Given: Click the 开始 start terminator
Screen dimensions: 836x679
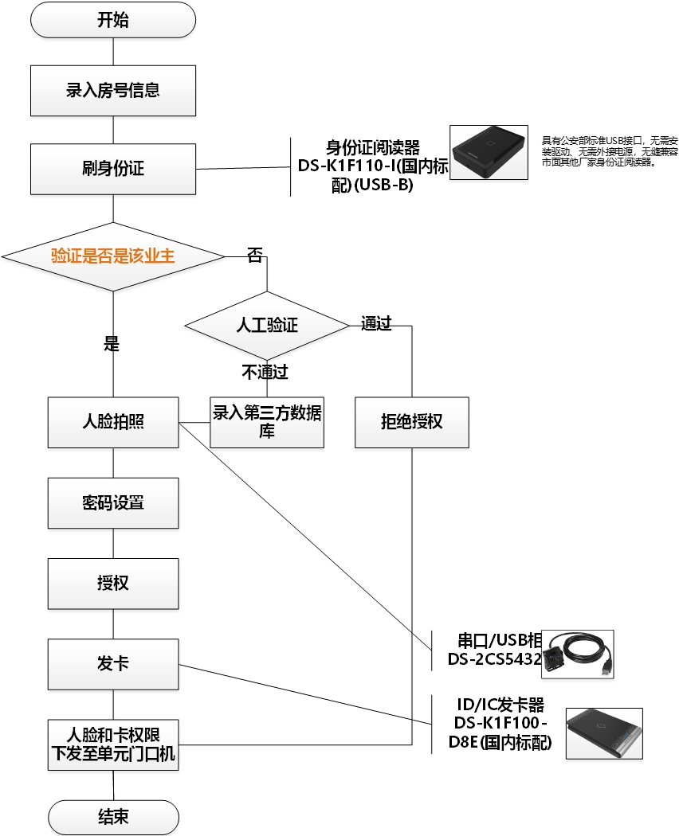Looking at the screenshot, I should [x=112, y=20].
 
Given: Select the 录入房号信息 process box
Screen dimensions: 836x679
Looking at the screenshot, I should [x=112, y=90].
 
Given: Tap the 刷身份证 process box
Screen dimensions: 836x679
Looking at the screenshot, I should [x=112, y=169].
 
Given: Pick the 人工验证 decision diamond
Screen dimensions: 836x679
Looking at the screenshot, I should [x=266, y=325].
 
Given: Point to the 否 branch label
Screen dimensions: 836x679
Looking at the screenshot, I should [x=254, y=256].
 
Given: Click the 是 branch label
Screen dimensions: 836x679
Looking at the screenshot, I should [x=112, y=344].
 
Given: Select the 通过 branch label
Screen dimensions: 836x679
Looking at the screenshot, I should [x=376, y=323].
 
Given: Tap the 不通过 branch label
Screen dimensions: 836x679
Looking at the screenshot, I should [x=265, y=371].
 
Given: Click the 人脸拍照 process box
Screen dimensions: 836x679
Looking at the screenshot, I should [x=112, y=422].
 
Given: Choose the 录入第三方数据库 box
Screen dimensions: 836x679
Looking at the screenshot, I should [x=266, y=422].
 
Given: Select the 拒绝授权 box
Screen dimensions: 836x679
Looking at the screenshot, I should [x=411, y=422].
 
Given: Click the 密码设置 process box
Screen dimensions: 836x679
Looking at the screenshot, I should [x=112, y=503].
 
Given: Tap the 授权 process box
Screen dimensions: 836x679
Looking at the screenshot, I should [x=112, y=583].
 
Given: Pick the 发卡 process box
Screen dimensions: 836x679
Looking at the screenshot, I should [x=112, y=663].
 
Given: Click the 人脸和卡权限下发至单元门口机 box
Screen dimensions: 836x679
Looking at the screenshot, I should [x=112, y=744].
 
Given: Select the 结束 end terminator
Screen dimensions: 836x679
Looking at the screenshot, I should [x=112, y=817].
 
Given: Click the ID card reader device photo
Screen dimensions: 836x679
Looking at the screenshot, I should [x=489, y=153].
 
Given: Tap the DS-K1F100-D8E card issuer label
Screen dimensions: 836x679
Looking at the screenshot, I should [x=500, y=724].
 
